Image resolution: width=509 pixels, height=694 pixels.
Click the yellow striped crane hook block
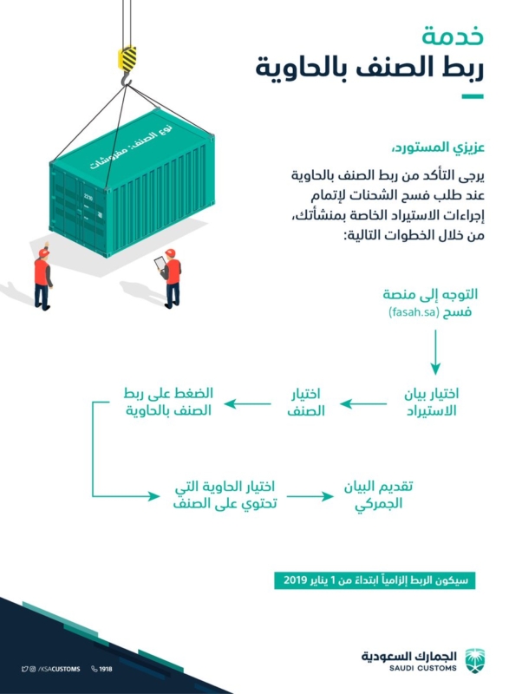127,58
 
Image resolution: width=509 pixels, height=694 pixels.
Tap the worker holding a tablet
169,278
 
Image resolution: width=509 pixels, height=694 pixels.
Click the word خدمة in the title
453,36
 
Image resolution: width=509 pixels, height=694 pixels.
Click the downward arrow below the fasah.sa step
435,352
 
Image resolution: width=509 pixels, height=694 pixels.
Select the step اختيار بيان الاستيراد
431,402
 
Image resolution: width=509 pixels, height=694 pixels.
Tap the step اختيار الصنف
305,402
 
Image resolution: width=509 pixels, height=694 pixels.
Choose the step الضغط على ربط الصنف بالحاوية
168,402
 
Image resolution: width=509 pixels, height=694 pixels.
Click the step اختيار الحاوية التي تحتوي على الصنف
225,494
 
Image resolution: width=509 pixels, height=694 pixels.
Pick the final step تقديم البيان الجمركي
378,494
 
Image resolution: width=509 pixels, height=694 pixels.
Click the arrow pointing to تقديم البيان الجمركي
310,496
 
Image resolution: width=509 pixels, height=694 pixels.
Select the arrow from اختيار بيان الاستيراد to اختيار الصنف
363,403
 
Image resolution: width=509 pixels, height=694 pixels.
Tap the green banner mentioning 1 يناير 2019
375,580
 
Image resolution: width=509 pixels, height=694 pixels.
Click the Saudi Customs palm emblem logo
475,661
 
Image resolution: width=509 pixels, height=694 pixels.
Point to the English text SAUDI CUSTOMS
423,668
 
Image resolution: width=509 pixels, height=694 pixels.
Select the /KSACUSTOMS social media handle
59,669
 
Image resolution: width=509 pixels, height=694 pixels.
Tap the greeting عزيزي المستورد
438,147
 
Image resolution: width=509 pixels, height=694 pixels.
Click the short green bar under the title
473,96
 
